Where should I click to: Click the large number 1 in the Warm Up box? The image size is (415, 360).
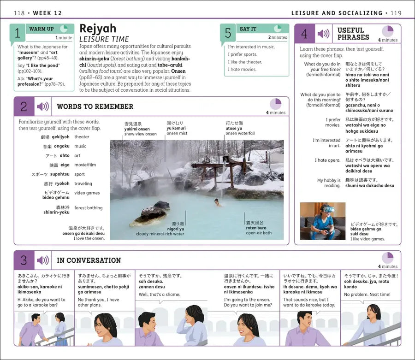pos(18,33)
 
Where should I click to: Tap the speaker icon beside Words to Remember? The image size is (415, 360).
pos(43,106)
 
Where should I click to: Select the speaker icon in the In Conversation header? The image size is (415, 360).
pos(43,260)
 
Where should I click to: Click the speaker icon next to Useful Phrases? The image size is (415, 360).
pos(323,34)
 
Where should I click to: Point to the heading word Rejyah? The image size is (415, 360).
pos(98,29)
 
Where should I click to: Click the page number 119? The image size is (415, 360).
pos(396,13)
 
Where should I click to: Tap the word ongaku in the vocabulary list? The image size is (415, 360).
pos(62,146)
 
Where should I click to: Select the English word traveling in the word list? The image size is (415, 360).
pos(83,183)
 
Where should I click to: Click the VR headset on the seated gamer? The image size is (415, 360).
pos(328,209)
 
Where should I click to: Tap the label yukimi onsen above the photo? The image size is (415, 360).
pos(137,129)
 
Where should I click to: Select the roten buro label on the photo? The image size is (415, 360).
pos(256,228)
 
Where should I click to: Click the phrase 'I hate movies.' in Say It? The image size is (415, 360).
pos(242,69)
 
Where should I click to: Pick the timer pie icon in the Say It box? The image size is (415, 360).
pos(278,28)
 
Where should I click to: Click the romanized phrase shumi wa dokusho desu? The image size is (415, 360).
pos(370,186)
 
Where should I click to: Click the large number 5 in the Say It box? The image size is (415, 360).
pos(228,33)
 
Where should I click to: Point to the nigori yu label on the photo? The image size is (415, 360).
pos(176,229)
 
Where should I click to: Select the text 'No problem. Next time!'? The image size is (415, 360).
pos(367,295)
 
